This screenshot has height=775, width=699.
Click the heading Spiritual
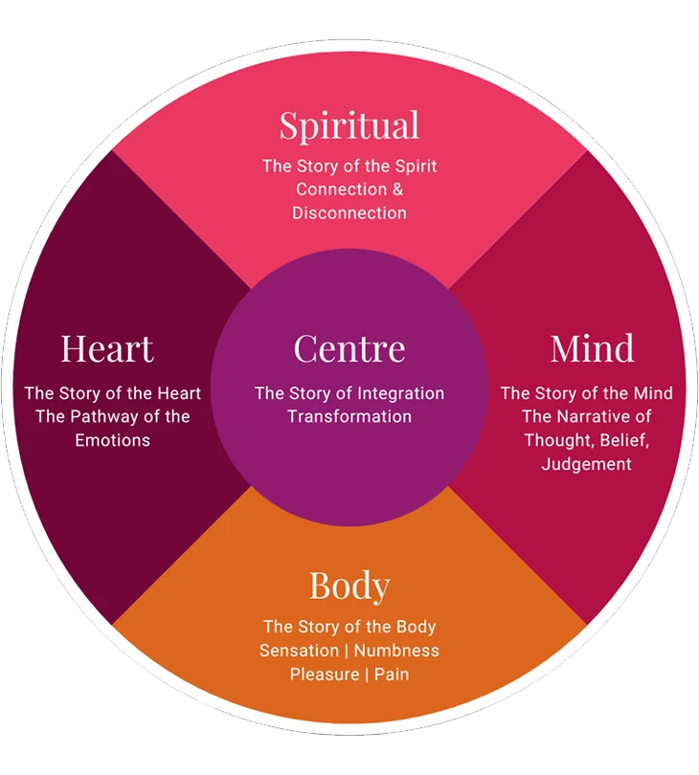click(x=349, y=126)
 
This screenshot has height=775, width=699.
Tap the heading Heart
click(x=107, y=348)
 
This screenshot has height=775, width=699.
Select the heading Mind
click(x=592, y=348)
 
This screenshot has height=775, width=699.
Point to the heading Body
click(x=349, y=586)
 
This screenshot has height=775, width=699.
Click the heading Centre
click(x=349, y=348)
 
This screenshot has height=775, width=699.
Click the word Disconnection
click(x=349, y=212)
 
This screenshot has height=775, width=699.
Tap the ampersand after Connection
click(x=396, y=188)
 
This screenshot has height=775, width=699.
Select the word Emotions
click(x=113, y=440)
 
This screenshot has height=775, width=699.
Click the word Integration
click(x=400, y=393)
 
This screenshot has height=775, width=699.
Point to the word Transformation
click(x=349, y=416)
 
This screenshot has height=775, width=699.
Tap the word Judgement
click(x=586, y=464)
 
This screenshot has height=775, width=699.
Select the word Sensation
click(x=298, y=651)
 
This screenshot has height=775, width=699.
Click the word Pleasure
click(x=323, y=675)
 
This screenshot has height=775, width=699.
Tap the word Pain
click(x=392, y=675)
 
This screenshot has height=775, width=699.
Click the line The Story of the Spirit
click(x=349, y=166)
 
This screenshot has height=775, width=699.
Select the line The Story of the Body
click(x=349, y=628)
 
